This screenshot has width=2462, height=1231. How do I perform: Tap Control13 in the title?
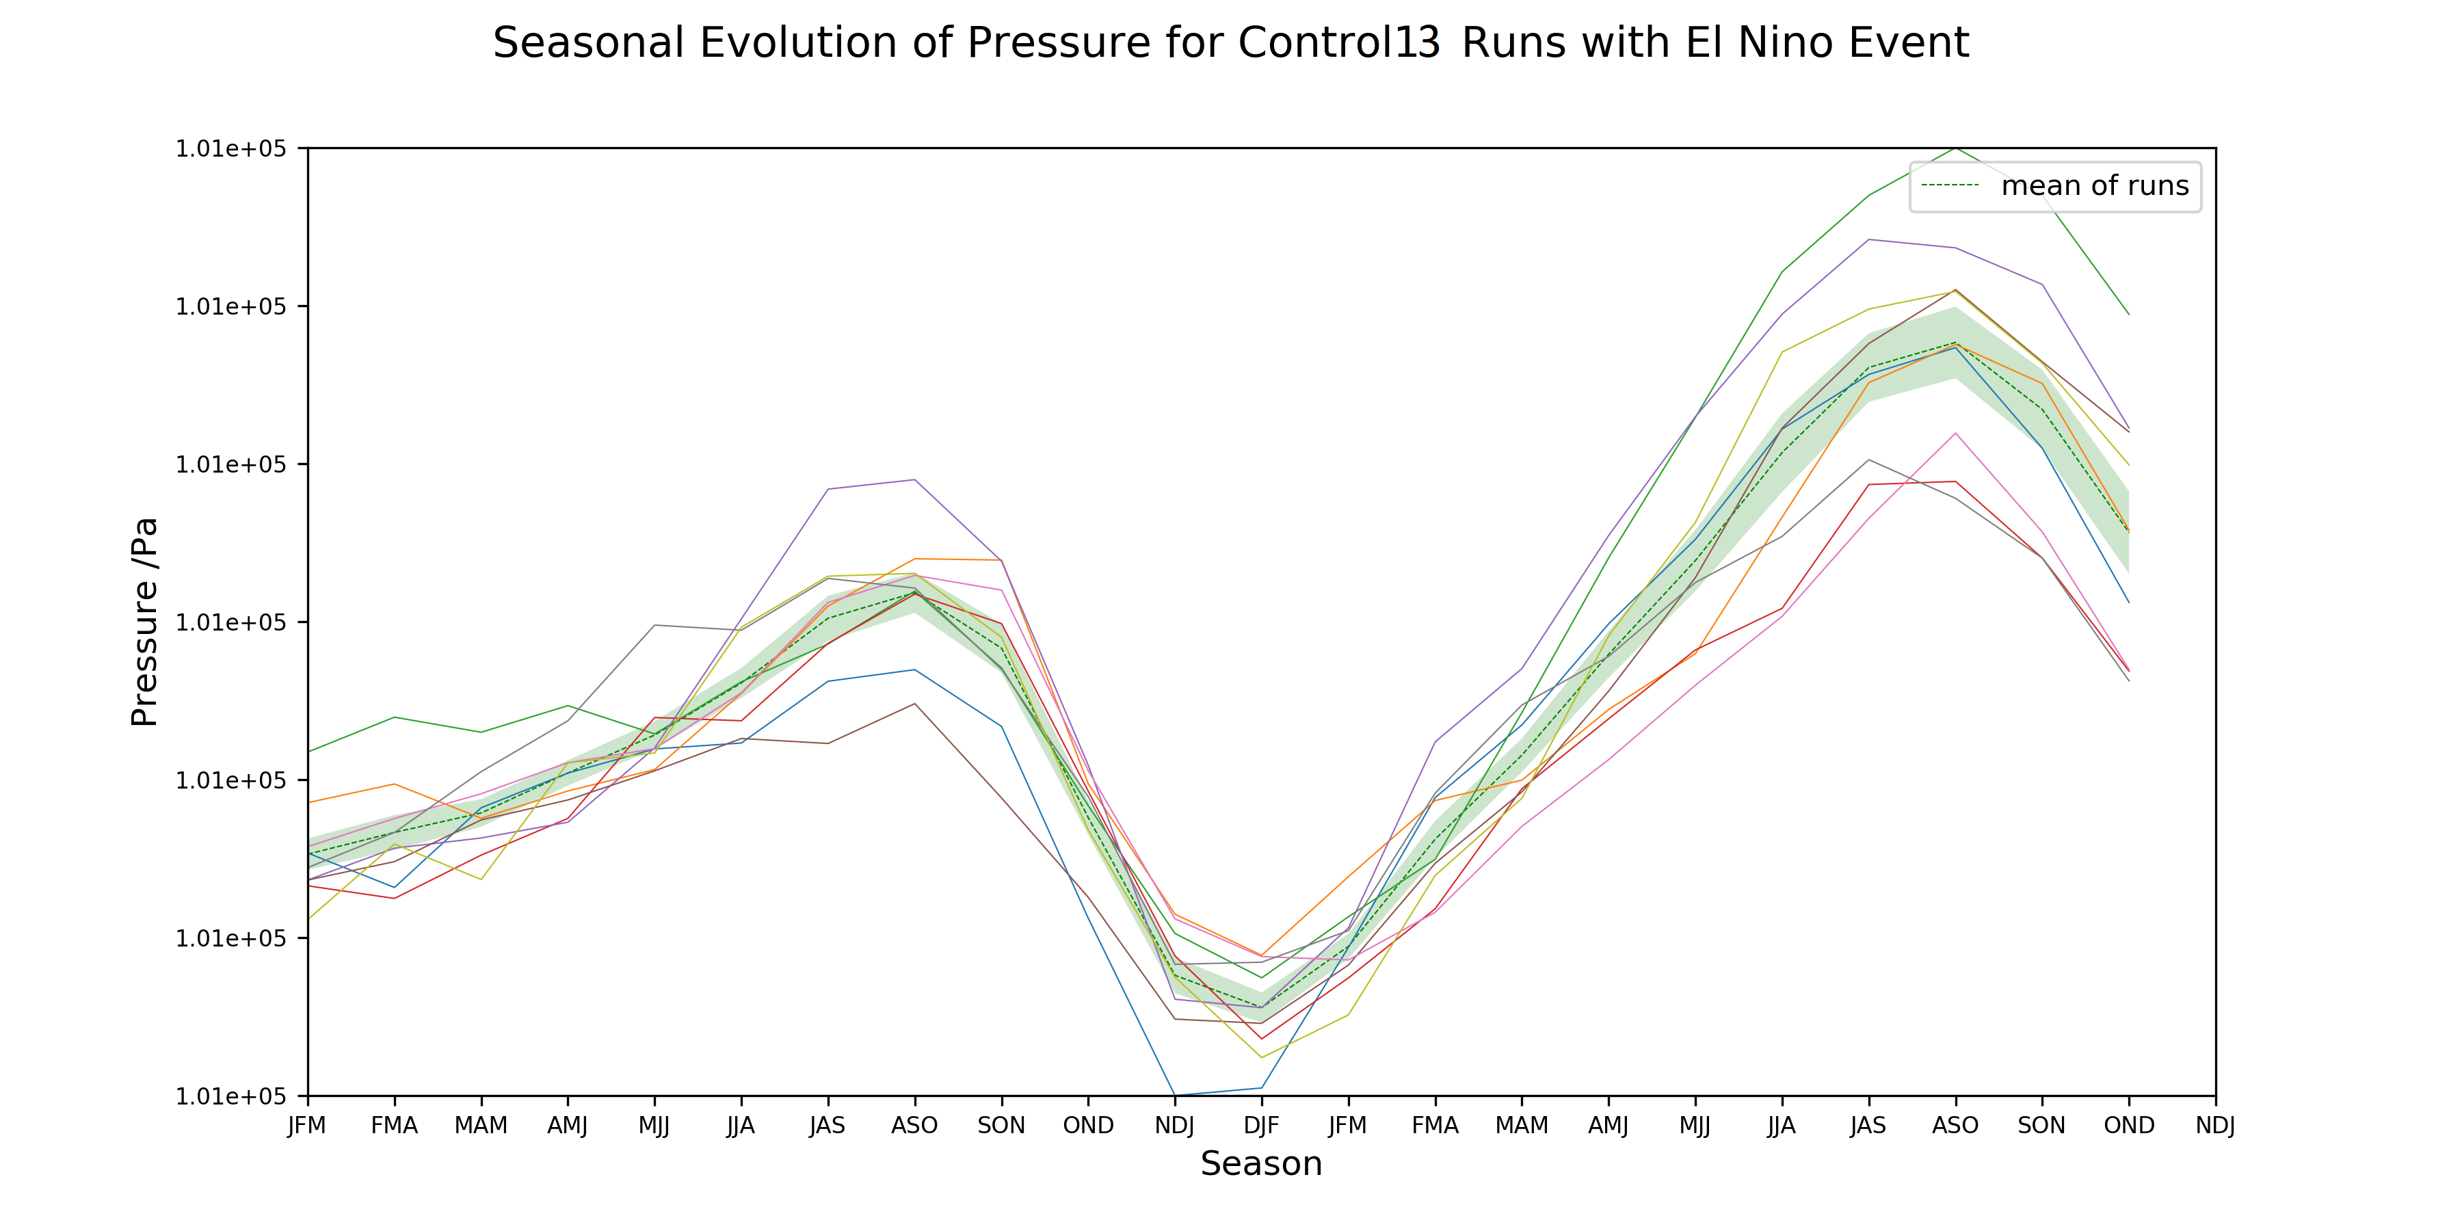(1338, 43)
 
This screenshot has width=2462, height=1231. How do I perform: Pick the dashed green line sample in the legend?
(1950, 185)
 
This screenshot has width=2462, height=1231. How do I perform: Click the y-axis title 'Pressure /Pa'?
(144, 622)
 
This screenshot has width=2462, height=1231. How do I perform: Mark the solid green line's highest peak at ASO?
(1955, 148)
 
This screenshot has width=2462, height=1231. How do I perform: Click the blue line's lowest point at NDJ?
(1175, 1096)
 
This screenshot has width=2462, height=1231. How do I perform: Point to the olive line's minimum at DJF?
(1262, 1057)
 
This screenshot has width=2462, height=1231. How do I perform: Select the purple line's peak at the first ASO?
(914, 480)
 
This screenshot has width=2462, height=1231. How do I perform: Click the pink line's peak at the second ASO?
(1955, 433)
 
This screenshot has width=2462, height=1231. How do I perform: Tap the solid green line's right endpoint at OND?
(2128, 315)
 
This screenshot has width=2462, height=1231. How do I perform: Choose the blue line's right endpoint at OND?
(2128, 602)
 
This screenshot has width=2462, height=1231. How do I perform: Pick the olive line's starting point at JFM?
(308, 919)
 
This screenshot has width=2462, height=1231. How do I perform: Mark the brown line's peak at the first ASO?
(914, 704)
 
